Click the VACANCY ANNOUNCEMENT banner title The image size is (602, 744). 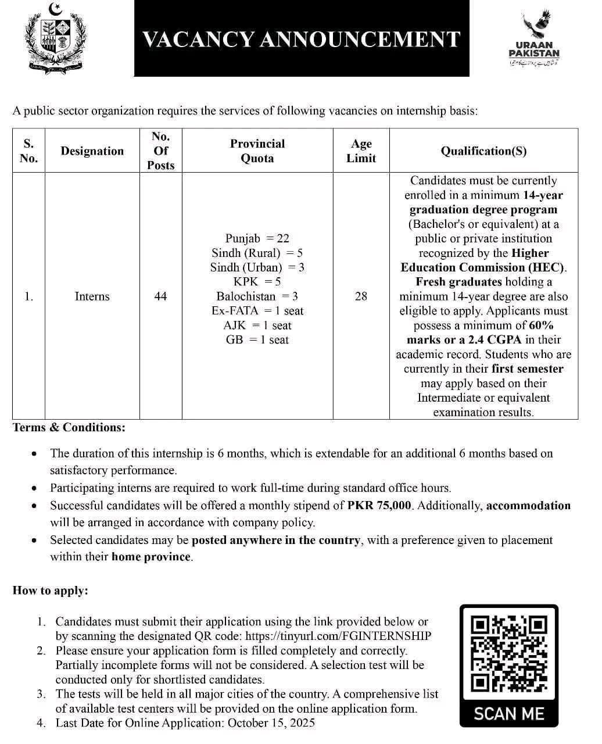(302, 39)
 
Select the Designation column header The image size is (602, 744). (92, 151)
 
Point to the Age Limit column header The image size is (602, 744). (361, 151)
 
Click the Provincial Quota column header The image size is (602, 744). (257, 151)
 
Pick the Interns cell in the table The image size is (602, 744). (92, 296)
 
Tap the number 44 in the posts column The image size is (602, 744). (160, 296)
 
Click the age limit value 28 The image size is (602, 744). (361, 296)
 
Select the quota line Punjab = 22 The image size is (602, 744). (257, 238)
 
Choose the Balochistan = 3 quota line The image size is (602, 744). (257, 296)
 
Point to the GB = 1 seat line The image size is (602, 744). (257, 340)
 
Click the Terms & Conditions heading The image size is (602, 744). (69, 428)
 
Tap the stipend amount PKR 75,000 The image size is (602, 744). (380, 506)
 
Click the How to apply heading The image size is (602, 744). (50, 591)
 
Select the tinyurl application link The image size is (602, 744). (338, 636)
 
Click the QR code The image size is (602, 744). (509, 653)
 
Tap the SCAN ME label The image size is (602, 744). (509, 714)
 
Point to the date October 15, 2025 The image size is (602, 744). (271, 723)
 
